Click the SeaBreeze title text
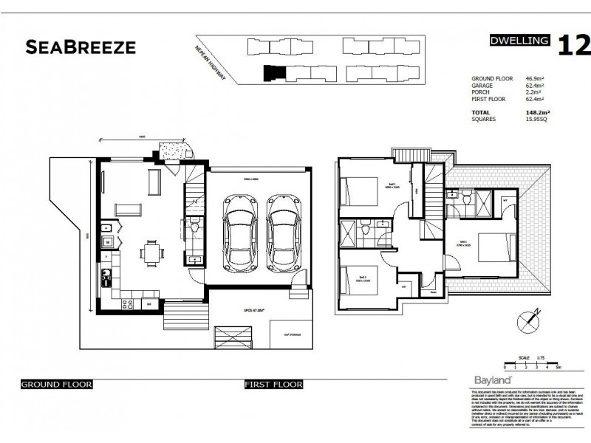(x=81, y=48)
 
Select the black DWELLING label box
(x=520, y=41)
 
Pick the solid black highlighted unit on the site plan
(x=273, y=73)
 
